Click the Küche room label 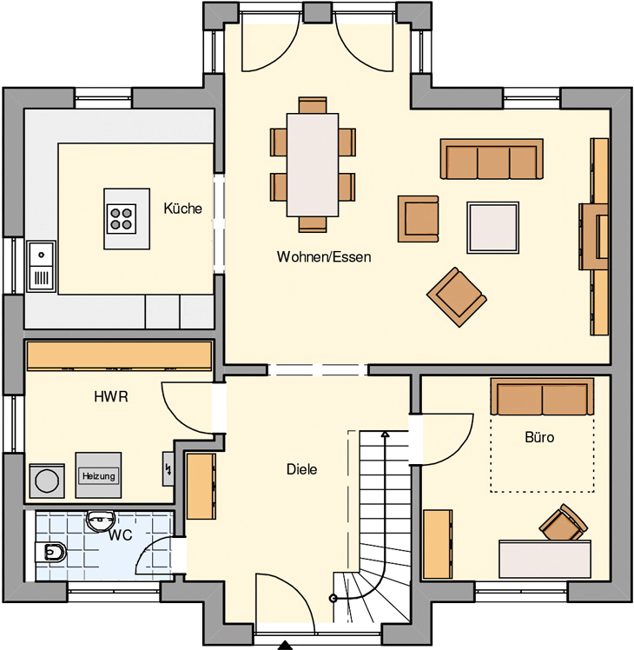(182, 208)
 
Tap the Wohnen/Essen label (324, 257)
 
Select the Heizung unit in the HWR (98, 475)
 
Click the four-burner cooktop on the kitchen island (121, 218)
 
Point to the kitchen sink (41, 266)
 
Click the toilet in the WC (50, 552)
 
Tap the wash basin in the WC (100, 521)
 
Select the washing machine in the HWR (47, 481)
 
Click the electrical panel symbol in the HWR (168, 468)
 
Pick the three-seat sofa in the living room (492, 159)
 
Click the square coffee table (492, 228)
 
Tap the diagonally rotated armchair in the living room (457, 297)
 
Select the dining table (313, 164)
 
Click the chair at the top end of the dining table (313, 105)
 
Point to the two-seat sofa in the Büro (542, 396)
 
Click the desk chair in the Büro (563, 523)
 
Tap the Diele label (301, 469)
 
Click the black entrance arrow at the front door (285, 645)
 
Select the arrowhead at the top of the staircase (386, 434)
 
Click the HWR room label (111, 397)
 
